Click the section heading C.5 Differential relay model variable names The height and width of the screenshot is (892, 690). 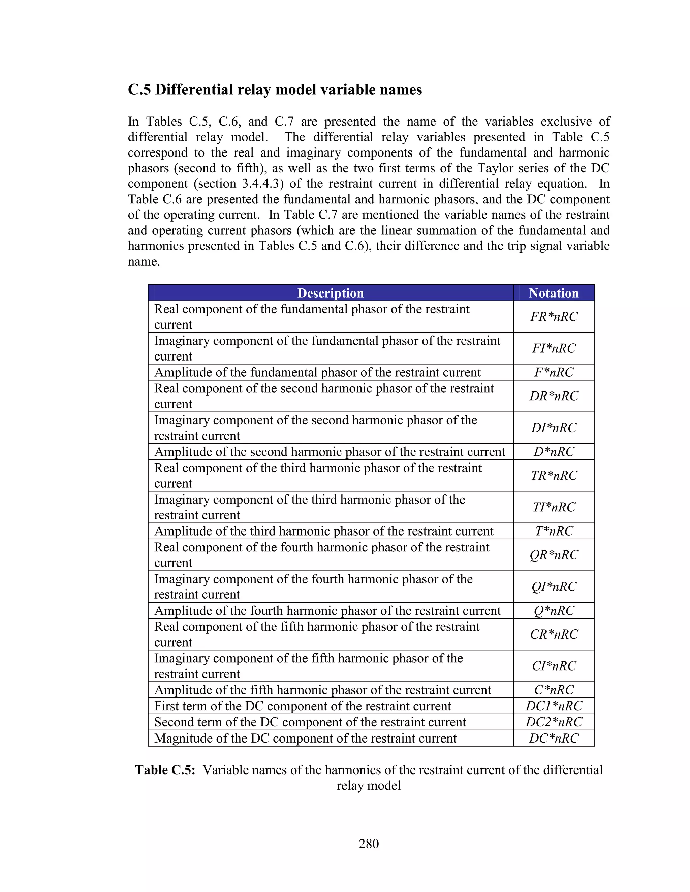[275, 90]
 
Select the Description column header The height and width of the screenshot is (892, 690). [330, 293]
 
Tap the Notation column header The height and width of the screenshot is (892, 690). [554, 293]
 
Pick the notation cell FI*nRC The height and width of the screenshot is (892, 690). [554, 348]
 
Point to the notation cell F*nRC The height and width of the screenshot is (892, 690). [554, 372]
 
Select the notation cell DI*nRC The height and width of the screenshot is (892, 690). [554, 427]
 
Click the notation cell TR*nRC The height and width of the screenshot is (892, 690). [554, 475]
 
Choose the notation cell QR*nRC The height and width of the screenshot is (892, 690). [554, 555]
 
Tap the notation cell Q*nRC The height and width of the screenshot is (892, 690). [554, 611]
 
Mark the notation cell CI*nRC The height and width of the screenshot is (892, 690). [554, 666]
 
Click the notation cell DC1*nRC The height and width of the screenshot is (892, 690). [554, 706]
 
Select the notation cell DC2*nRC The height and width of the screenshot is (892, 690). [554, 722]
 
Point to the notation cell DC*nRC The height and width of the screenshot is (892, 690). [554, 738]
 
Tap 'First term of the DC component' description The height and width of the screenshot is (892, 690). [303, 706]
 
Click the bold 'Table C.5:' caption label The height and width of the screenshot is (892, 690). [165, 770]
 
